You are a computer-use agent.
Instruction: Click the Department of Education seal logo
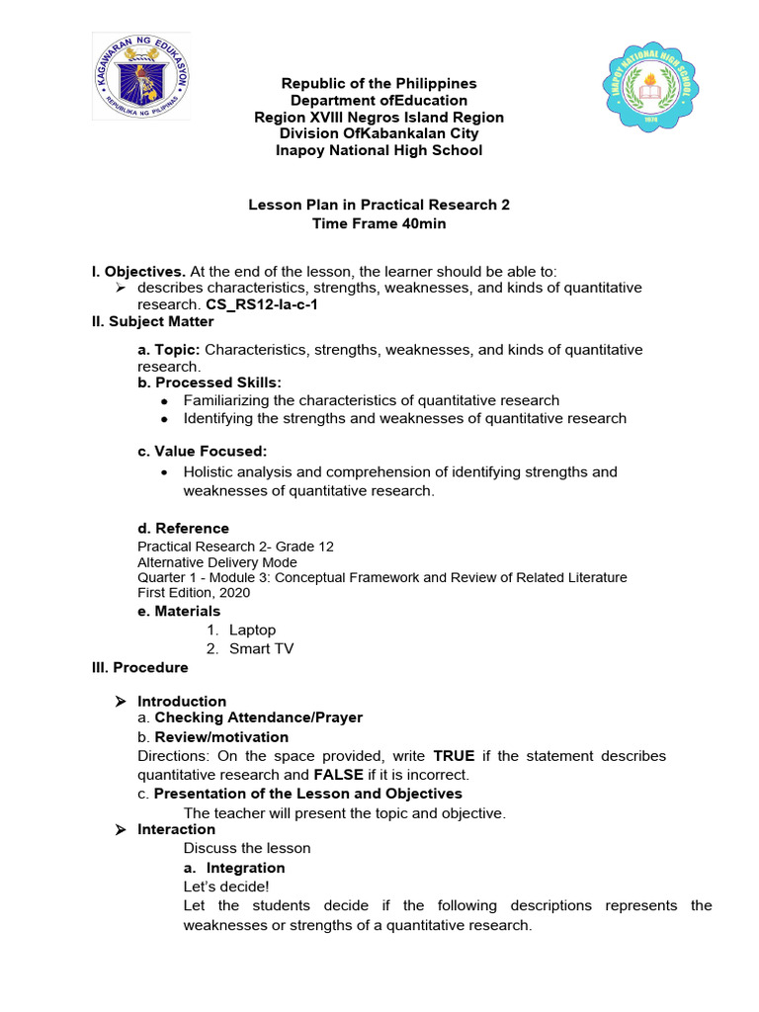[x=141, y=76]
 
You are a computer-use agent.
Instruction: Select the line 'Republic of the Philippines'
[x=379, y=83]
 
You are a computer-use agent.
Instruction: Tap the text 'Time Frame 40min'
[x=379, y=223]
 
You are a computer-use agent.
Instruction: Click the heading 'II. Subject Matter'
[x=152, y=321]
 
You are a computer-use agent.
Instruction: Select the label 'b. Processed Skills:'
[x=210, y=382]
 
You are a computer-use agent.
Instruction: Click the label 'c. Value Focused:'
[x=203, y=451]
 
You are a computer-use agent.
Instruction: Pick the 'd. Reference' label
[x=183, y=528]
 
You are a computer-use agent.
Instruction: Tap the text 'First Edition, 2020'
[x=194, y=593]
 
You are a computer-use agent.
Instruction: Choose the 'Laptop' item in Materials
[x=252, y=630]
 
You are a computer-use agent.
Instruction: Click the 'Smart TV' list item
[x=261, y=648]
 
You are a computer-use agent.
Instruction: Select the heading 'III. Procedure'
[x=139, y=667]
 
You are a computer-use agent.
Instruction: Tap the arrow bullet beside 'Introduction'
[x=121, y=701]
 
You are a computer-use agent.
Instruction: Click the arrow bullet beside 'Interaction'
[x=121, y=830]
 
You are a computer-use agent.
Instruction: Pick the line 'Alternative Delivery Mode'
[x=217, y=561]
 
